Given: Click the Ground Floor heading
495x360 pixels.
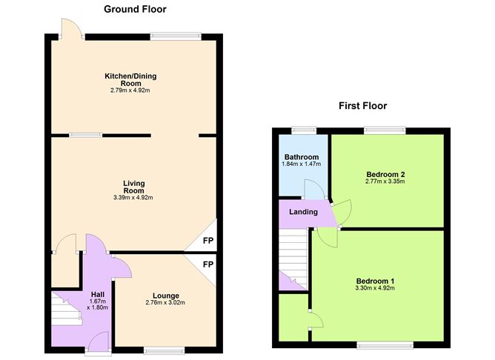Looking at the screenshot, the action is click(x=135, y=10).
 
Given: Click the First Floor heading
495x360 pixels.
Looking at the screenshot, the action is click(x=362, y=106).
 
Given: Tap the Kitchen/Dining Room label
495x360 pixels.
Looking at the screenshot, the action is click(x=130, y=79).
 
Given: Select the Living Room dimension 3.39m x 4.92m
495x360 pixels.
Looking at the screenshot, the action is click(x=133, y=198).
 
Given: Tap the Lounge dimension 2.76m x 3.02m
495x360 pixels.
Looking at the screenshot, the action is click(x=165, y=302).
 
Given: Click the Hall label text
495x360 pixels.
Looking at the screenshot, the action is click(x=98, y=294).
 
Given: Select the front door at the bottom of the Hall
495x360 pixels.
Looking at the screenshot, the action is click(x=98, y=341).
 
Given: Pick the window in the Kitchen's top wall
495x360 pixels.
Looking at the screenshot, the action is click(x=176, y=36).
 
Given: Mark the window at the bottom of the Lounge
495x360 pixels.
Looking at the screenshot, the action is click(x=165, y=350).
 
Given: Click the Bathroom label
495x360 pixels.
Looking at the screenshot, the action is click(x=302, y=157).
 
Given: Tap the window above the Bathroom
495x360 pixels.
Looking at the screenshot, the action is click(x=304, y=131).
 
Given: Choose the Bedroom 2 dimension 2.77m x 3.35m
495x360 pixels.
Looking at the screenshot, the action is click(x=385, y=181).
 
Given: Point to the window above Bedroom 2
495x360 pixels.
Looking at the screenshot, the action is click(x=385, y=131).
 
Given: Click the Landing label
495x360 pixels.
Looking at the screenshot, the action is click(x=303, y=212).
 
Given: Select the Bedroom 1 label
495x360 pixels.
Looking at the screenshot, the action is click(x=375, y=281).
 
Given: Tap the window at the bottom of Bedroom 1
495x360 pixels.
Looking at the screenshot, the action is click(x=385, y=345).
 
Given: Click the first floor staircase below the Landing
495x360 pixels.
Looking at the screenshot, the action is click(x=293, y=259).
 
